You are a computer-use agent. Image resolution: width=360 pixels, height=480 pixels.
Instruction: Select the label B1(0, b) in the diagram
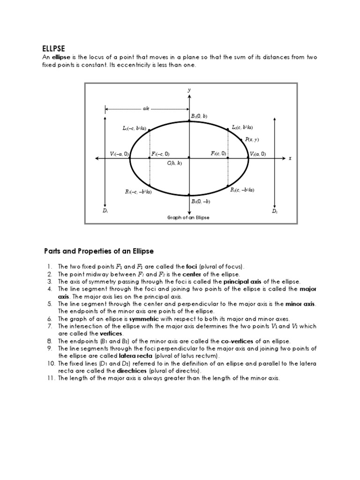point(199,116)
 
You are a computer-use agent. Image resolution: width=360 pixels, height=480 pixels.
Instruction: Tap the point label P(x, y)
point(252,140)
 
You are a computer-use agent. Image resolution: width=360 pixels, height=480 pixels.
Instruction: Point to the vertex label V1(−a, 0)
point(119,154)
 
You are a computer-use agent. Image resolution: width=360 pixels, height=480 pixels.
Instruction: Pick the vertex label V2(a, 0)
point(258,154)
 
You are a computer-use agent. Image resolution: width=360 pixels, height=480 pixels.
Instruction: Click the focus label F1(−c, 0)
point(160,154)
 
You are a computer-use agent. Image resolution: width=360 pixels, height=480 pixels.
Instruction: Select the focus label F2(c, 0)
point(218,153)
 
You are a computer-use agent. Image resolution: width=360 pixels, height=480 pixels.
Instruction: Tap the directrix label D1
point(105,211)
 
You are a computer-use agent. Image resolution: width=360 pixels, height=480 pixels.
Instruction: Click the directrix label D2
point(275,211)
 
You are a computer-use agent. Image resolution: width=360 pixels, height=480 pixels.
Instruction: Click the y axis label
point(189,89)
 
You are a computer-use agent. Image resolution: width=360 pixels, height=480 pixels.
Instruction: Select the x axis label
point(290,158)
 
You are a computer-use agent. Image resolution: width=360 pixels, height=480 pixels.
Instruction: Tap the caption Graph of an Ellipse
point(188,218)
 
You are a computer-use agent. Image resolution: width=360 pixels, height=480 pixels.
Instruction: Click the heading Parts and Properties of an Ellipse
point(99,251)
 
